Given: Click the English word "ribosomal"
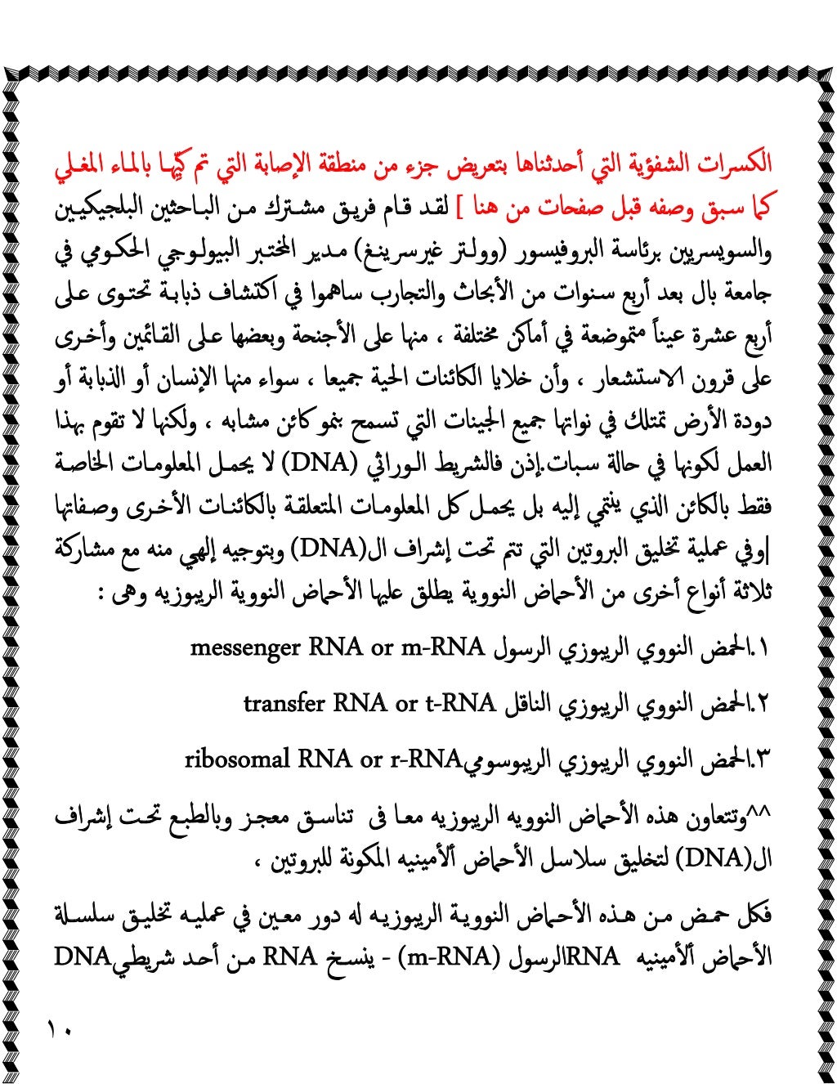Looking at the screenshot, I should (237, 759).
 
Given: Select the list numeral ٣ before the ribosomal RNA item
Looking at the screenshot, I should (763, 760).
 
